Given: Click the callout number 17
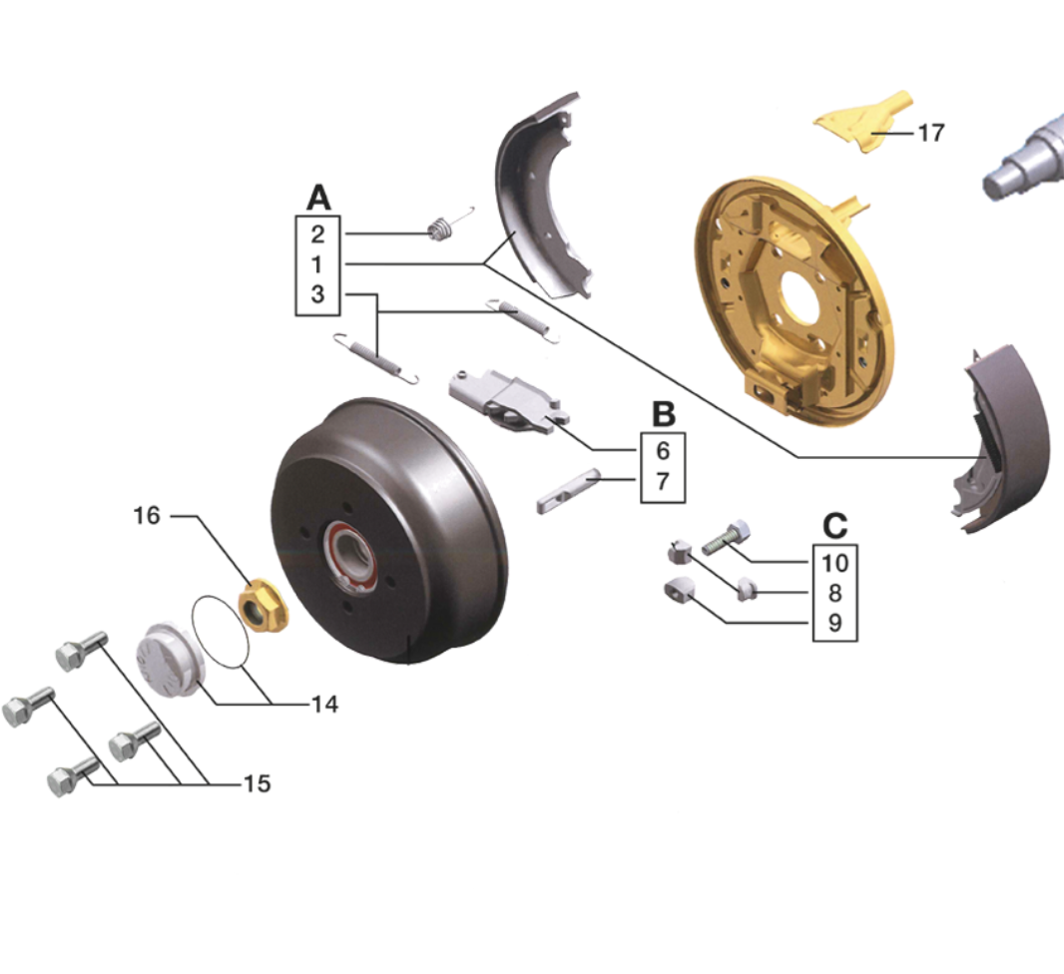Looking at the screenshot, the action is pyautogui.click(x=931, y=133).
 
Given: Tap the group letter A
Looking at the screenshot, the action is pyautogui.click(x=318, y=198).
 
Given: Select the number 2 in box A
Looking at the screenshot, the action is pyautogui.click(x=317, y=235).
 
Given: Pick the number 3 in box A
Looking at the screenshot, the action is pyautogui.click(x=317, y=294).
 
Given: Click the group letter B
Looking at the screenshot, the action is pyautogui.click(x=663, y=414).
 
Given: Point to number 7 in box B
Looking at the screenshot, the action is pyautogui.click(x=663, y=481).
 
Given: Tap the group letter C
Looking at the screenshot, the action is pyautogui.click(x=834, y=526).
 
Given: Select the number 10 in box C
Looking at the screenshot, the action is pyautogui.click(x=834, y=563).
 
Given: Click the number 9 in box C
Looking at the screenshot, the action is pyautogui.click(x=834, y=623).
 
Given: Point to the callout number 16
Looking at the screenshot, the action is pyautogui.click(x=147, y=516).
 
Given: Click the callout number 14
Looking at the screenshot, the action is pyautogui.click(x=324, y=704).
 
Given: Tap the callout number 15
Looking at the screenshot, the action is pyautogui.click(x=258, y=783).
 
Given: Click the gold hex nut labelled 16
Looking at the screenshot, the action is pyautogui.click(x=263, y=605).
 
